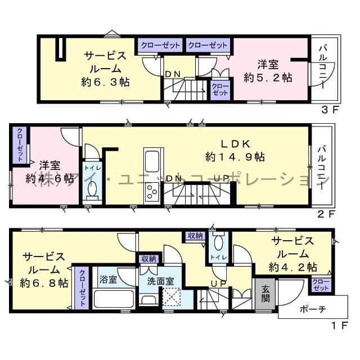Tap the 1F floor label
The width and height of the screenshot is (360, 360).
(x=332, y=325)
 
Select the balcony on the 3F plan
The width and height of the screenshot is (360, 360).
(x=323, y=68)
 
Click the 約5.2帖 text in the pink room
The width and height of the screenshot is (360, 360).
(x=268, y=78)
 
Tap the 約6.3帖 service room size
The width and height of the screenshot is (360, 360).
(x=105, y=82)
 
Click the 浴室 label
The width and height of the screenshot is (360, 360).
(x=109, y=280)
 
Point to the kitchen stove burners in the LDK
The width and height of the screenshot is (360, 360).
(x=151, y=194)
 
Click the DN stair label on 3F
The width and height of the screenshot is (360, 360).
(x=172, y=74)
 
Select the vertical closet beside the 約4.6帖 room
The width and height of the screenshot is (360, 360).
(x=19, y=145)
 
